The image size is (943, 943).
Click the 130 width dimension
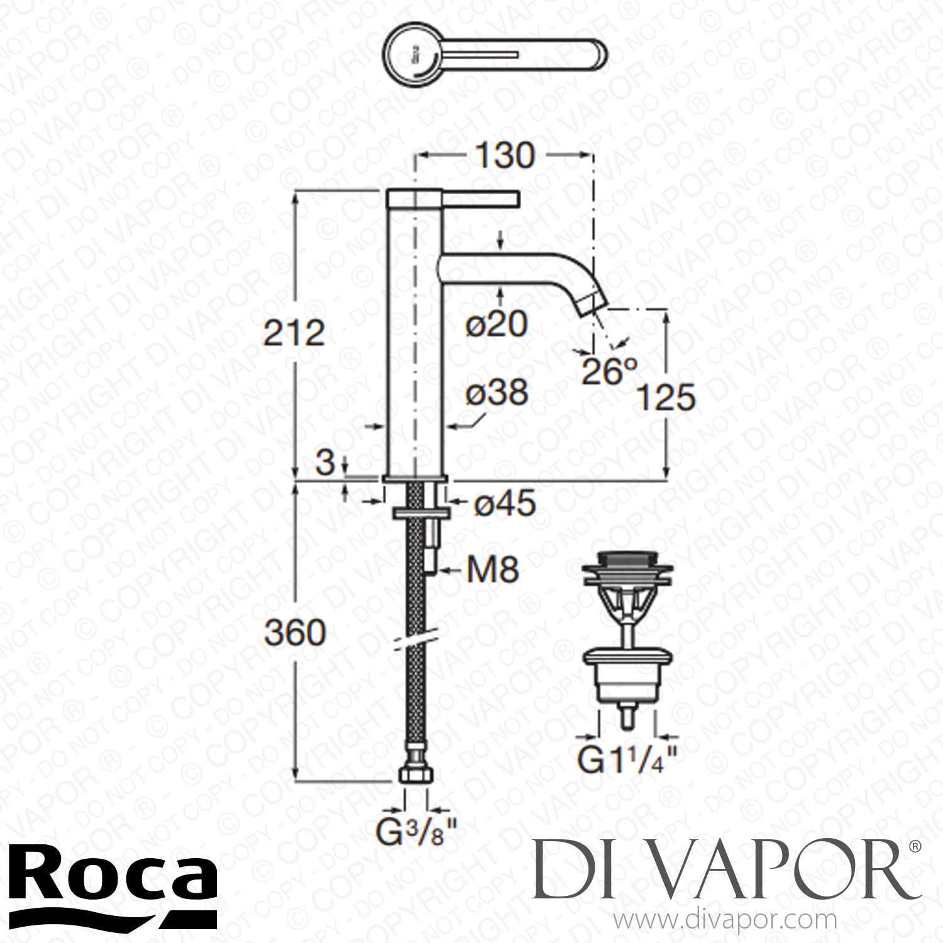coord(504,156)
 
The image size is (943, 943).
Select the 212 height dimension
coord(294,333)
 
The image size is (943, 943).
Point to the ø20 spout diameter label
coord(497,324)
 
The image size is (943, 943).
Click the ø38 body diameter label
coord(497,394)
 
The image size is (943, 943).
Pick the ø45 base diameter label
coord(505,504)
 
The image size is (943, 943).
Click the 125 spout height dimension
coord(666,397)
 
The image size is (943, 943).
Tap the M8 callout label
coord(493,571)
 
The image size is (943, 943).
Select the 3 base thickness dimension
coord(325,463)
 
